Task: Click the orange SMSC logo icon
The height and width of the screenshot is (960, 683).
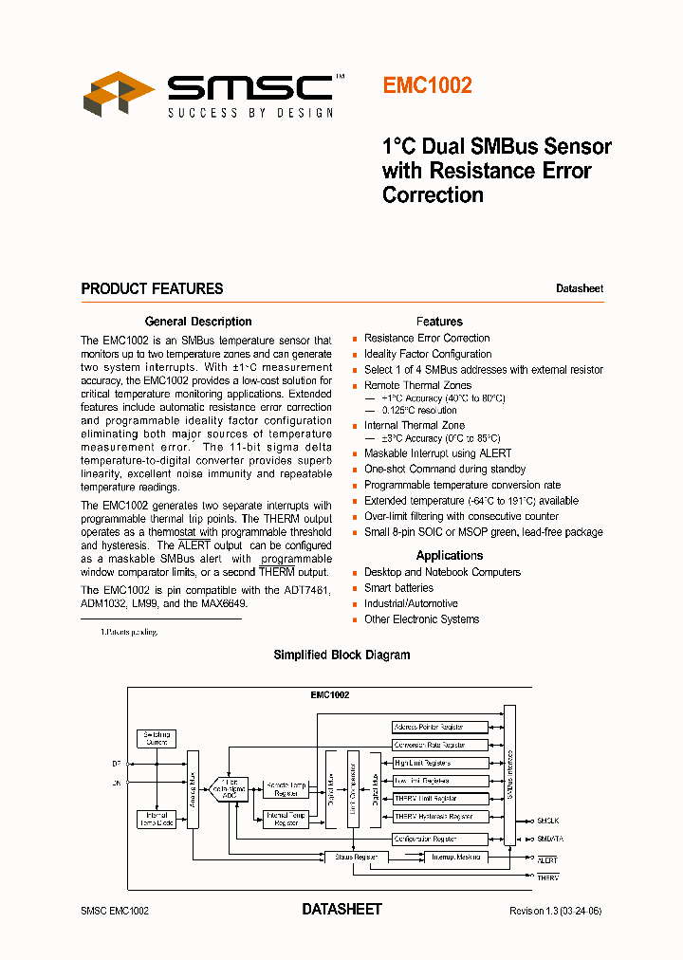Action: coord(119,94)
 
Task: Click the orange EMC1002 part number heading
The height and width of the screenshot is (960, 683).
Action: coord(427,85)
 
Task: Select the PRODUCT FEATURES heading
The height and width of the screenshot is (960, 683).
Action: coord(152,288)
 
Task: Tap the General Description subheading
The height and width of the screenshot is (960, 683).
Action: coord(198,322)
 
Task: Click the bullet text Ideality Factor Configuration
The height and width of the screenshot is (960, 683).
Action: coord(428,354)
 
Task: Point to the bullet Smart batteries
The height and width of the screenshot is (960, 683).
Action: coord(398,588)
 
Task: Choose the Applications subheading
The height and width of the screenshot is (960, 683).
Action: coord(450,556)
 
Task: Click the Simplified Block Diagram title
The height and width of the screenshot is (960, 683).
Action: coord(341,655)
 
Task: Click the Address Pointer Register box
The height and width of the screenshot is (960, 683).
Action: coord(440,727)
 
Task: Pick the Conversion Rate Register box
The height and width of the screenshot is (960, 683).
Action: coord(440,745)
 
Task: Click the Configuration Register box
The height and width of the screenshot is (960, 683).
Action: coord(440,839)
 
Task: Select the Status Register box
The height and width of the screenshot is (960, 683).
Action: coord(356,857)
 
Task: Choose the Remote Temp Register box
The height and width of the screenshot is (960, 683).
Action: coord(286,788)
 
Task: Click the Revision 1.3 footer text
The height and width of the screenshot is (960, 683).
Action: coord(555,911)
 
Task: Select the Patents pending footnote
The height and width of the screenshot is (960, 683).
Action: coord(131,632)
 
